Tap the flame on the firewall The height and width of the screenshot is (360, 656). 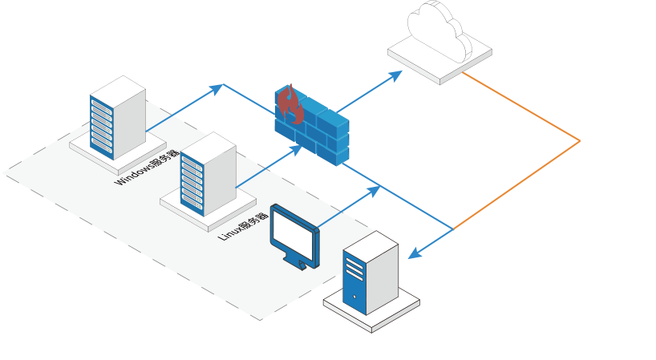tap(289, 105)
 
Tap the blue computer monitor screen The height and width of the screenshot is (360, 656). tap(294, 233)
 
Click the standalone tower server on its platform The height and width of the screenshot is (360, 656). tap(370, 277)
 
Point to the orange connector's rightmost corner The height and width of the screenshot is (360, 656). tap(579, 142)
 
